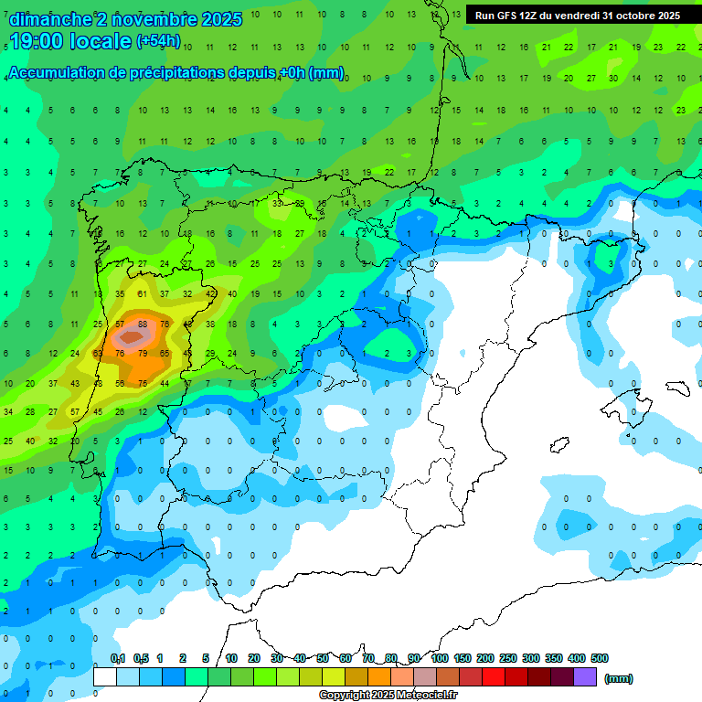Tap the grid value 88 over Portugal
(143, 324)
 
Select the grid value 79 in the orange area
(143, 353)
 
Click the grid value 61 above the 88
(143, 294)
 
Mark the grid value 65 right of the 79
(165, 353)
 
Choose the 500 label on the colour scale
(600, 658)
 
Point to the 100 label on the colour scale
(440, 658)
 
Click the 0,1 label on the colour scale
(118, 658)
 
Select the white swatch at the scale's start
(105, 676)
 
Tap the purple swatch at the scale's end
(585, 676)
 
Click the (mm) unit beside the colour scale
(619, 678)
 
